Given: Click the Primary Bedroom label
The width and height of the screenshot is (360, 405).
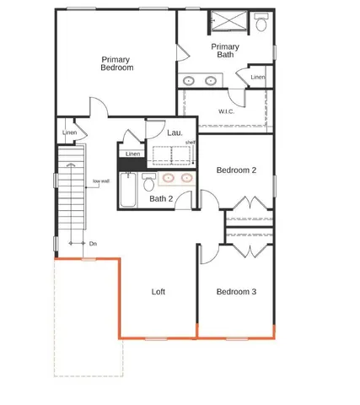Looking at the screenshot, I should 117,63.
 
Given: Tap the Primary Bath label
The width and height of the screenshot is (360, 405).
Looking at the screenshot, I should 225,51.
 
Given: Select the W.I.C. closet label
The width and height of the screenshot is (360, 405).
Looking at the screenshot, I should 226,111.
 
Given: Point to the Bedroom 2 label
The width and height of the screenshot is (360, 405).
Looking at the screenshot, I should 236,170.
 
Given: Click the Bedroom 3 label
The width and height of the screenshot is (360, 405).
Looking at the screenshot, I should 236,292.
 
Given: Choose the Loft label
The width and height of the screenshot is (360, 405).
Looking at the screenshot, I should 158,292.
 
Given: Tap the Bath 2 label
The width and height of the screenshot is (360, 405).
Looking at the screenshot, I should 161,199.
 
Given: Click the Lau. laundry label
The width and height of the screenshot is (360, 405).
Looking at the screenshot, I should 175,132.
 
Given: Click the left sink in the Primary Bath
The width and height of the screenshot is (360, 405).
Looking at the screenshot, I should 190,81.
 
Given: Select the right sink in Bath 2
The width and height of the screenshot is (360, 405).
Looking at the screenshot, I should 185,178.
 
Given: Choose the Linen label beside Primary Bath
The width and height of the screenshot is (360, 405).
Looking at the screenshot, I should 258,78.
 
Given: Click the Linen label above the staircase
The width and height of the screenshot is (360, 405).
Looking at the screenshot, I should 70,132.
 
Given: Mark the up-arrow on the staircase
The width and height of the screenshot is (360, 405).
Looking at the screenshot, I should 72,164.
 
